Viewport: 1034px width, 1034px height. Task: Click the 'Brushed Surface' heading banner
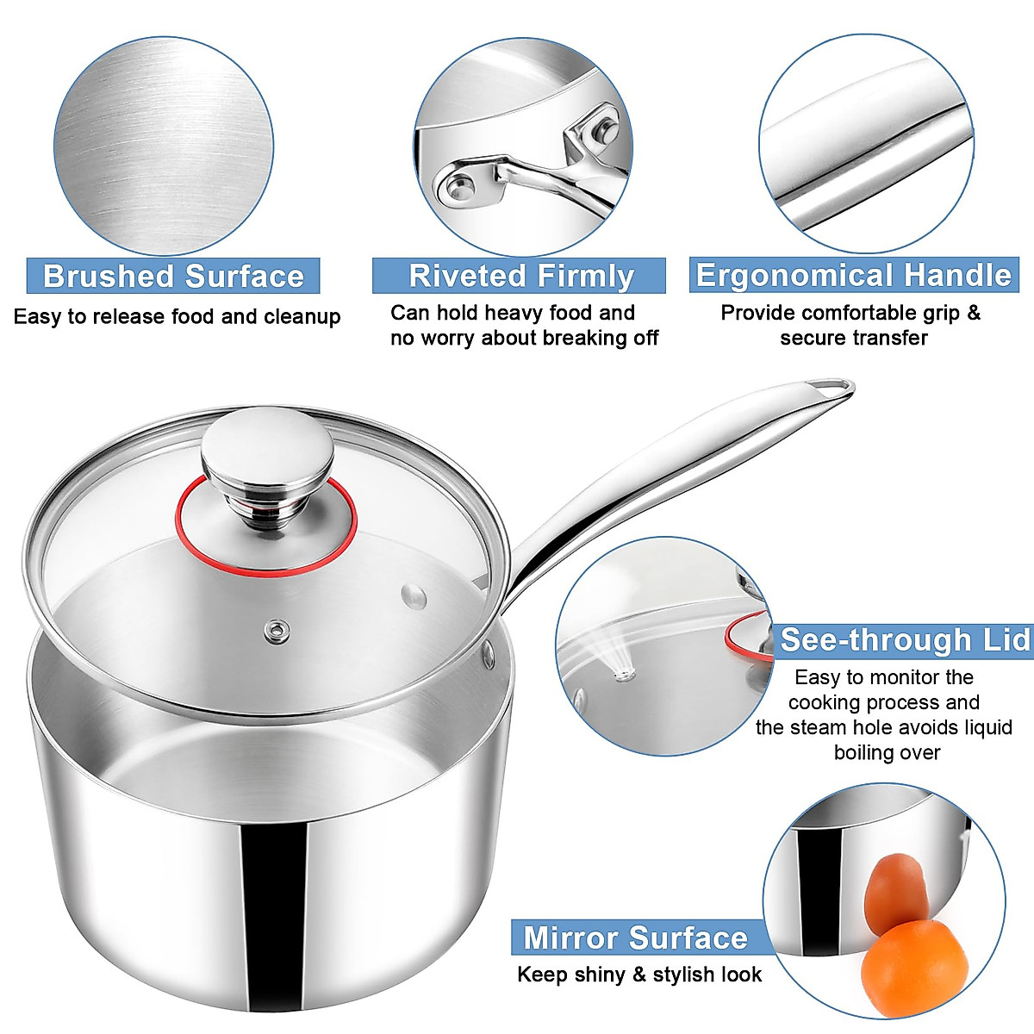tap(173, 276)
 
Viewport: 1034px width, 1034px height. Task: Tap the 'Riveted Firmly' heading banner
tap(520, 276)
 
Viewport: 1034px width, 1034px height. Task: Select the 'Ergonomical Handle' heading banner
tap(853, 276)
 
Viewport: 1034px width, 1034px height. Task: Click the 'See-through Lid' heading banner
tap(903, 640)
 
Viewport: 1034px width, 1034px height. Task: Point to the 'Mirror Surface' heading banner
tap(636, 937)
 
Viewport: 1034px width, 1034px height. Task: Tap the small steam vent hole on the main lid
tap(277, 631)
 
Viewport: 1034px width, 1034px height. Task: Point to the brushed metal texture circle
tap(164, 146)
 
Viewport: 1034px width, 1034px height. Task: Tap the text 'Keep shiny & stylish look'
tap(639, 975)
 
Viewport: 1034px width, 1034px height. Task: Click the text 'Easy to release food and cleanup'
tap(177, 316)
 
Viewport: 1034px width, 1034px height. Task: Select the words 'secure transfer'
tap(853, 338)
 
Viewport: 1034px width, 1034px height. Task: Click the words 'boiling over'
tap(887, 752)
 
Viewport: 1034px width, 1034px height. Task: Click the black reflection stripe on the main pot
tap(274, 913)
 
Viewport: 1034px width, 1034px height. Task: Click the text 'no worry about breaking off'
tap(524, 338)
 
